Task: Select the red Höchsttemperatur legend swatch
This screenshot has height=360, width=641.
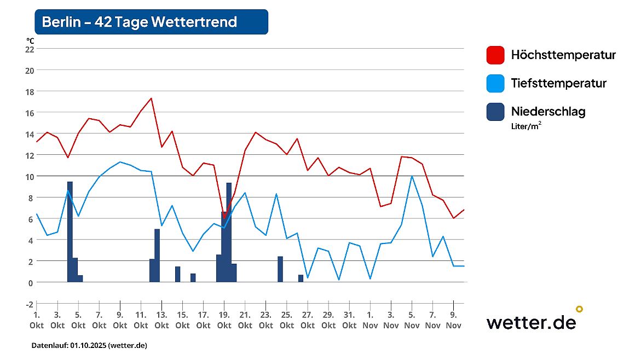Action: (495, 55)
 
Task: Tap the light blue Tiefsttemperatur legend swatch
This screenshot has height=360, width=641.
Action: (495, 84)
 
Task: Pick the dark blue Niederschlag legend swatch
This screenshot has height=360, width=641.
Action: (495, 112)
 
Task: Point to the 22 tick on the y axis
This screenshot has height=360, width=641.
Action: (30, 49)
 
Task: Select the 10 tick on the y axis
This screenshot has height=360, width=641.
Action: (30, 176)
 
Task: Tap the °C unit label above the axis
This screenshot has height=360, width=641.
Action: (30, 40)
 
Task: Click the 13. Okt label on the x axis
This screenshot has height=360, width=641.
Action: (161, 320)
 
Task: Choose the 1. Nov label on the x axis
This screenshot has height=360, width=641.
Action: (370, 320)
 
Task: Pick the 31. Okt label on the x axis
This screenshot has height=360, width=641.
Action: (349, 320)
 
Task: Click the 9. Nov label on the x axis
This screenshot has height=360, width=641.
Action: (453, 320)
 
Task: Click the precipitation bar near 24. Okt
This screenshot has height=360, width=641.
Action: (280, 269)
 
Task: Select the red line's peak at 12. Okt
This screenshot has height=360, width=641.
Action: (151, 98)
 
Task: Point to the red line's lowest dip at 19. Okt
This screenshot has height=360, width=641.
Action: (224, 218)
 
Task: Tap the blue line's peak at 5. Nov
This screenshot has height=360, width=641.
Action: (412, 176)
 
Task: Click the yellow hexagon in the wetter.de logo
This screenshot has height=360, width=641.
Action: (579, 309)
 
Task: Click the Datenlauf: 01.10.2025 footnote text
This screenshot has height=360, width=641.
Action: (89, 346)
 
